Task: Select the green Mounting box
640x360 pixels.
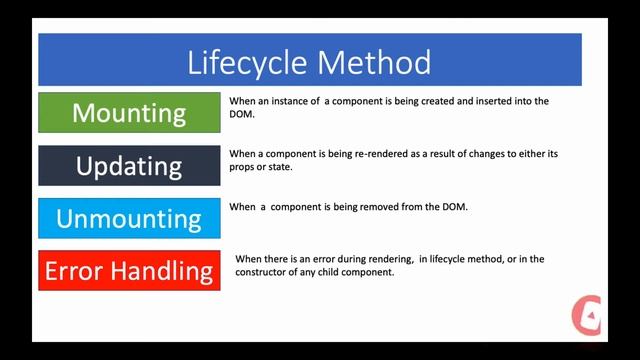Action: (129, 113)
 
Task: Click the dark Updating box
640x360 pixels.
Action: (129, 165)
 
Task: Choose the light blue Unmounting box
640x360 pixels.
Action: (129, 218)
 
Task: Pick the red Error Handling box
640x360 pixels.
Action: (129, 270)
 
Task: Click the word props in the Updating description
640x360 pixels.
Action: (244, 166)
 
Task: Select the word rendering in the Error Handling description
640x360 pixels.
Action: (386, 259)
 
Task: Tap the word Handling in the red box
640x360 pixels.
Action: (168, 270)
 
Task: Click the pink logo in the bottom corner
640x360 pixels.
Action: (585, 315)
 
